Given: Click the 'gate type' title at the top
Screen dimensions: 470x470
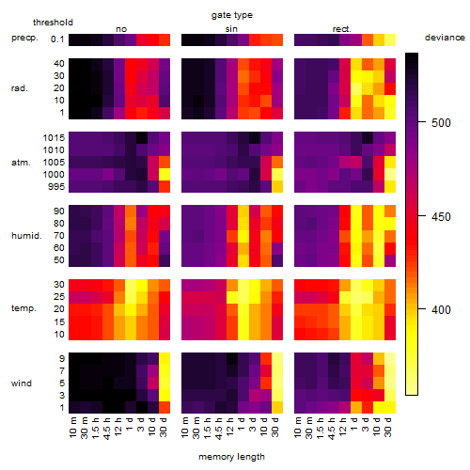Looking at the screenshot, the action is pyautogui.click(x=232, y=15).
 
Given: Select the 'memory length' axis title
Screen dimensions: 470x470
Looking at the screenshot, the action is pyautogui.click(x=232, y=457).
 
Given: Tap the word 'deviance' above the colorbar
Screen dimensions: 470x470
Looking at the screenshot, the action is pyautogui.click(x=445, y=38).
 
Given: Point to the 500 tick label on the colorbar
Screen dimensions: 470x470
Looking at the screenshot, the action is pyautogui.click(x=441, y=122).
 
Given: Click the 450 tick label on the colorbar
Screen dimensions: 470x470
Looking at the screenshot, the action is pyautogui.click(x=441, y=216).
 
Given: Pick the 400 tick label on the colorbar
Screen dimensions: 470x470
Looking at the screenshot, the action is pyautogui.click(x=441, y=309).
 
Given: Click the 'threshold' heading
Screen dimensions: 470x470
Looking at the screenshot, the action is pyautogui.click(x=53, y=23).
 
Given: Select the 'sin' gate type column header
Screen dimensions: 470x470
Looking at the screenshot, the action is pyautogui.click(x=231, y=29).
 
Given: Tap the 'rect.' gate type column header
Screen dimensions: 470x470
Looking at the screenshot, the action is pyautogui.click(x=342, y=29).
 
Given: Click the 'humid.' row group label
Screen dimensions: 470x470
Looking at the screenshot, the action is pyautogui.click(x=26, y=235).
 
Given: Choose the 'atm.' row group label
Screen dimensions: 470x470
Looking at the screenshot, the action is pyautogui.click(x=21, y=163).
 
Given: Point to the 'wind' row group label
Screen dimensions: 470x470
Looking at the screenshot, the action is pyautogui.click(x=22, y=383).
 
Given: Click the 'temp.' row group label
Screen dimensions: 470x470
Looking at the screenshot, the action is pyautogui.click(x=23, y=308).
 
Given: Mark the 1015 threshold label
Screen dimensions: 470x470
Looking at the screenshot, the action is pyautogui.click(x=54, y=137).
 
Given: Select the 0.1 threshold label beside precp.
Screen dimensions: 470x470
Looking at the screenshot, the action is pyautogui.click(x=57, y=39).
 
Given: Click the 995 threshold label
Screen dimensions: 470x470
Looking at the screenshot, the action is pyautogui.click(x=56, y=186).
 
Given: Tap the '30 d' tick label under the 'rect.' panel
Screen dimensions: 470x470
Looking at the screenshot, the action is pyautogui.click(x=388, y=427).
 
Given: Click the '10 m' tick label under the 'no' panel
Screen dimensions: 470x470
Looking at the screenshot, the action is pyautogui.click(x=72, y=427).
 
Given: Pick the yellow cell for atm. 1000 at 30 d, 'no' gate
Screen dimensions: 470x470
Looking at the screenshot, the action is pyautogui.click(x=164, y=174).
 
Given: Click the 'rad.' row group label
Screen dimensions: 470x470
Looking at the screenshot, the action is pyautogui.click(x=20, y=88).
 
